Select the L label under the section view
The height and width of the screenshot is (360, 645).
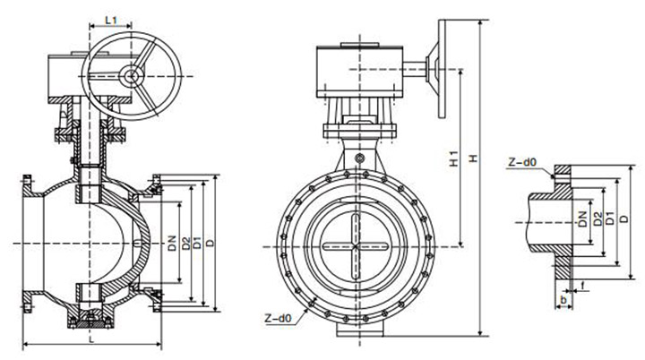click(x=92, y=339)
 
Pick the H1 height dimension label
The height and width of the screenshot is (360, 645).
click(x=455, y=160)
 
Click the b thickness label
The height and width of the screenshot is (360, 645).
click(x=563, y=298)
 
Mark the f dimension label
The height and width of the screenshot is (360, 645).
click(x=582, y=288)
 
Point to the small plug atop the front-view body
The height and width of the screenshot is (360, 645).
click(x=358, y=160)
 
